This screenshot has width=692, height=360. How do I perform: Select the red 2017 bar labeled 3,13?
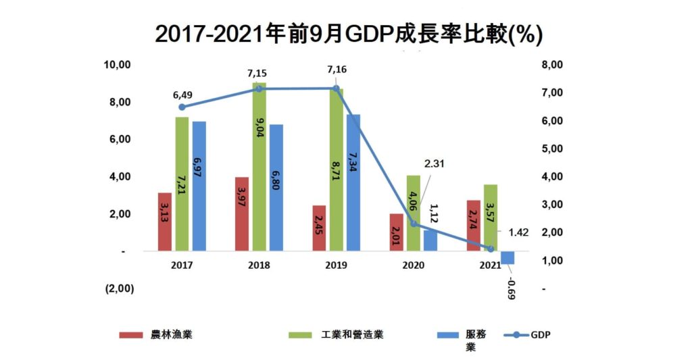164,222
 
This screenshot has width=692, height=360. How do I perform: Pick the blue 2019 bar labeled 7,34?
353,182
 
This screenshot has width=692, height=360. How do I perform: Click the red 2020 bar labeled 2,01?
396,232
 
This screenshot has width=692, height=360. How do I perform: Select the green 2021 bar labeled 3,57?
491,217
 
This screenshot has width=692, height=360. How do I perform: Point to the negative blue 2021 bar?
508,257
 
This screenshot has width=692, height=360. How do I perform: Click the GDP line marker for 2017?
181,107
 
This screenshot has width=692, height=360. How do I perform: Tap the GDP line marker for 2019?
336,88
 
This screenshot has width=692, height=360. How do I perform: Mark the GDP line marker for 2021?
491,249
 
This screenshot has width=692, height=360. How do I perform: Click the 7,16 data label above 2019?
336,70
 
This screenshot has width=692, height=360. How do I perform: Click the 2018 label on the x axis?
259,265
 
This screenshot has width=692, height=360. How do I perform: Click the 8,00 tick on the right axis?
552,65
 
